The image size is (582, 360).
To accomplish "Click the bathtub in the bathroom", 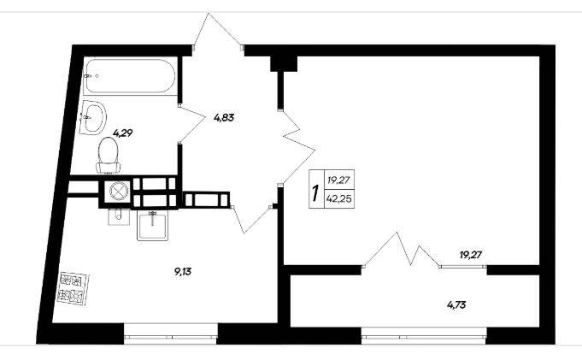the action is click(x=129, y=76).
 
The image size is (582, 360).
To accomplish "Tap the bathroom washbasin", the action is click(x=93, y=117).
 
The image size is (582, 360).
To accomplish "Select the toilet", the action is click(x=109, y=156).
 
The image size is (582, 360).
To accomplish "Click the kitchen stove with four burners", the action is click(x=73, y=289).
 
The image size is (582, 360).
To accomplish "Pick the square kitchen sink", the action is click(x=153, y=226).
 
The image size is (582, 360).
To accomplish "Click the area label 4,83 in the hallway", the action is click(x=224, y=118).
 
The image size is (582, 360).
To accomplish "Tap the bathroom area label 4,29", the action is click(x=123, y=133).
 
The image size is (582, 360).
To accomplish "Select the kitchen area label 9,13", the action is click(x=183, y=272).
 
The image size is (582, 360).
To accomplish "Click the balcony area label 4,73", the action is click(x=456, y=305).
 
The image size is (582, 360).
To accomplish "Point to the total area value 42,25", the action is click(x=339, y=198).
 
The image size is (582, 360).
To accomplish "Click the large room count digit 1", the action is click(x=316, y=193).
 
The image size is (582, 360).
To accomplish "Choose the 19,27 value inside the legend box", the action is click(x=339, y=180).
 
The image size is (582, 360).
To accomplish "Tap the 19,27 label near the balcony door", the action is click(x=471, y=255).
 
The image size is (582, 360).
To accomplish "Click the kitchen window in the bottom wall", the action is click(x=170, y=337).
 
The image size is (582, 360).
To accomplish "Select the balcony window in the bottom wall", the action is click(x=424, y=337).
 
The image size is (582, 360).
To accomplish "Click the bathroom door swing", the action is click(x=192, y=124).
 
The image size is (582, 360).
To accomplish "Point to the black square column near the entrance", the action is click(x=284, y=63).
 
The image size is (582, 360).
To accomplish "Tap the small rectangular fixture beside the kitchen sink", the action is click(x=119, y=217).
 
